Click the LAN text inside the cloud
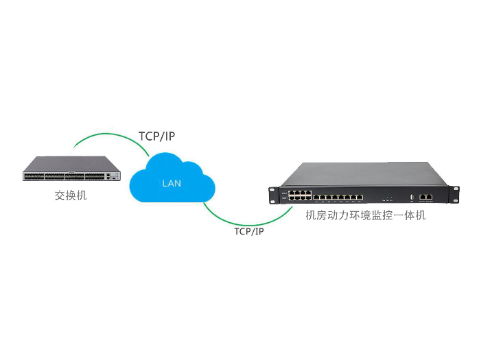172,183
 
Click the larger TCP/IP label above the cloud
156,136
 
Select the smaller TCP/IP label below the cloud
249,231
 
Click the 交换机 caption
71,195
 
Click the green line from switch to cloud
103,136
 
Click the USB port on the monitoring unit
411,197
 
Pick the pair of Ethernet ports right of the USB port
425,196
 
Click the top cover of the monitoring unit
364,176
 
